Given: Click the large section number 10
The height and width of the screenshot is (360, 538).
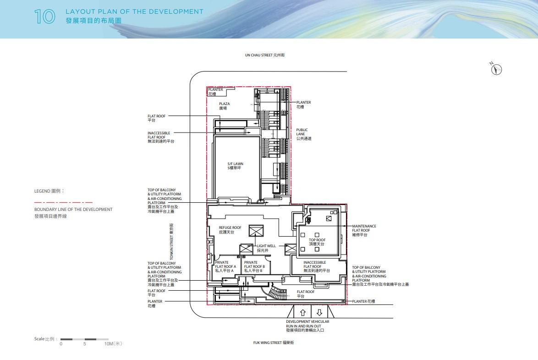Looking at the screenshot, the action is (x=44, y=17).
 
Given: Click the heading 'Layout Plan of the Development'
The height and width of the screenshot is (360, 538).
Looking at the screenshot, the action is (x=134, y=11).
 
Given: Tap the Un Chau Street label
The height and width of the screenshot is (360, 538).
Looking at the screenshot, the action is (x=264, y=55).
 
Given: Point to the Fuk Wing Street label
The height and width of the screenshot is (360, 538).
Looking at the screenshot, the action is (x=274, y=343).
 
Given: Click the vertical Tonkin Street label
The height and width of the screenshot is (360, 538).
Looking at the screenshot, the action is (x=171, y=242).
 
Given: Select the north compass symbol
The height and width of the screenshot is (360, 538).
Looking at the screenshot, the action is (x=496, y=69).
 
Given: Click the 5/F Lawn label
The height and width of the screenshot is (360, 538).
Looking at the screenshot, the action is (x=235, y=166).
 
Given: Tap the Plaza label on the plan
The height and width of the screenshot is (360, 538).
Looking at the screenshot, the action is (x=225, y=106).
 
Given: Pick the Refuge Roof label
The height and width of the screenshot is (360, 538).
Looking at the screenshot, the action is (x=230, y=230).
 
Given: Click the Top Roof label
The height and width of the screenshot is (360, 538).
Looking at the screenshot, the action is (x=317, y=242).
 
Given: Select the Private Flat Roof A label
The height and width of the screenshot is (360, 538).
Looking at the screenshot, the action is (x=225, y=266).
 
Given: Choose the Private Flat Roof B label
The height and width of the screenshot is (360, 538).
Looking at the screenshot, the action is (x=254, y=266).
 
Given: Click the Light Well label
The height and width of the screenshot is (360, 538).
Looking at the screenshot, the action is (x=266, y=248).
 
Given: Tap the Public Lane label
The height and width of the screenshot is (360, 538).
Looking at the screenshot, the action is (x=304, y=134).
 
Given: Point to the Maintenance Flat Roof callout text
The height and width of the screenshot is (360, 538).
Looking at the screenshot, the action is (x=364, y=231).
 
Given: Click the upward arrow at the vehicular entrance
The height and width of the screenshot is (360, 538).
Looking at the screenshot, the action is (x=302, y=313).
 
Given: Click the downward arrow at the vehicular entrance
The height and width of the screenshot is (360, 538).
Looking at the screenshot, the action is (x=319, y=313).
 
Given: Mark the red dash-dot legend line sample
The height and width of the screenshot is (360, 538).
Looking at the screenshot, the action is (x=64, y=202).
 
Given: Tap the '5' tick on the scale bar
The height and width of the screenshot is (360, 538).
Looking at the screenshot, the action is (x=85, y=343).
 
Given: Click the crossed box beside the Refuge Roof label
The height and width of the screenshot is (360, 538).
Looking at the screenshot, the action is (x=256, y=231).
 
